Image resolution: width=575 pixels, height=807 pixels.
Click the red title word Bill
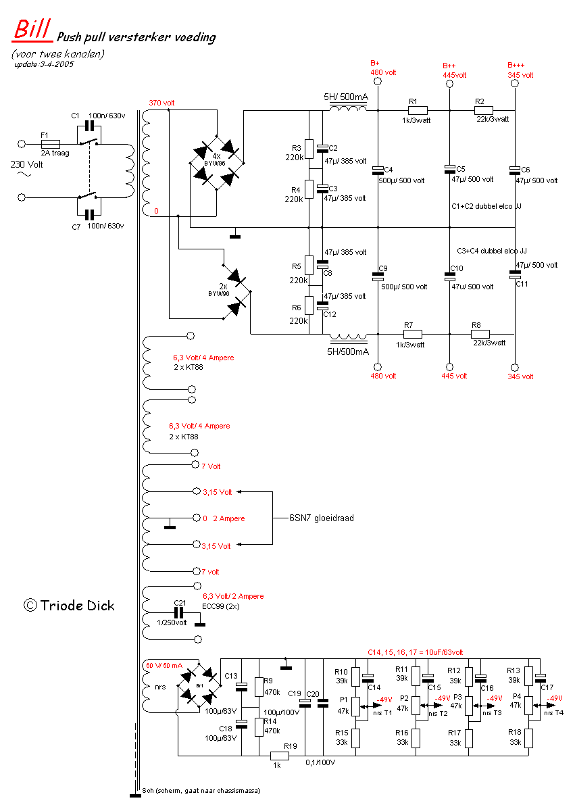tap(32, 29)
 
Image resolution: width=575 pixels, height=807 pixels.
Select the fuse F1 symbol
tap(51, 144)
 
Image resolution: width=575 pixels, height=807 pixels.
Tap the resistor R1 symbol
tap(418, 110)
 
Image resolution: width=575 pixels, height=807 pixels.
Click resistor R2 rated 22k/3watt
tap(484, 110)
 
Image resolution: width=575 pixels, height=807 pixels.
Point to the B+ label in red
tap(375, 63)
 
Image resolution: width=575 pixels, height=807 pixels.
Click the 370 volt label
tap(161, 103)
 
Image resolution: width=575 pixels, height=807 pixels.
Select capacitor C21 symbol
tap(179, 612)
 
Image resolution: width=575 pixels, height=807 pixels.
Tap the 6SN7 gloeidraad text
tap(322, 518)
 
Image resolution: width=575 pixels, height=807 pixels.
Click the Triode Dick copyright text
tap(69, 606)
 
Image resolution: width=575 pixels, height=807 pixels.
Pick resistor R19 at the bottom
tap(280, 756)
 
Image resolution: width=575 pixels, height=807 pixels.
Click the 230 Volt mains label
tap(27, 165)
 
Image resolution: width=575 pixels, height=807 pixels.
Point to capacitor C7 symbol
tap(89, 215)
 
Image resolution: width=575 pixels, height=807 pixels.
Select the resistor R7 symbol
tap(412, 334)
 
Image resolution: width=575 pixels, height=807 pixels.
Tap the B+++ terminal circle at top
tap(515, 83)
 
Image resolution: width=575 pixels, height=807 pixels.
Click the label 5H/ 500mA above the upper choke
tap(346, 97)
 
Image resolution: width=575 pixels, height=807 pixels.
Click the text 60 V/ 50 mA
tap(164, 666)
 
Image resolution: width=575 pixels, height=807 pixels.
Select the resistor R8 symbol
tap(480, 334)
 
